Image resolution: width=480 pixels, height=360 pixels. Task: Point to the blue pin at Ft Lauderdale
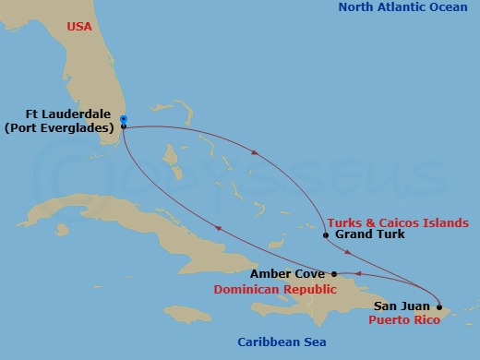124,118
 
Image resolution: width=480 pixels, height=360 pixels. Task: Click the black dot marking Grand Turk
326,235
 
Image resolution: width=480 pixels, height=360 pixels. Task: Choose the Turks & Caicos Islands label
397,222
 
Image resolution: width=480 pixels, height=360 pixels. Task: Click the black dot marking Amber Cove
334,274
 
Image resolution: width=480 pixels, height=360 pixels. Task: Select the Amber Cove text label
286,275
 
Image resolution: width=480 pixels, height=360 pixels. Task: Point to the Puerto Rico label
402,320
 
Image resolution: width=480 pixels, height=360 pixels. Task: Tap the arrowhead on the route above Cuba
216,228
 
